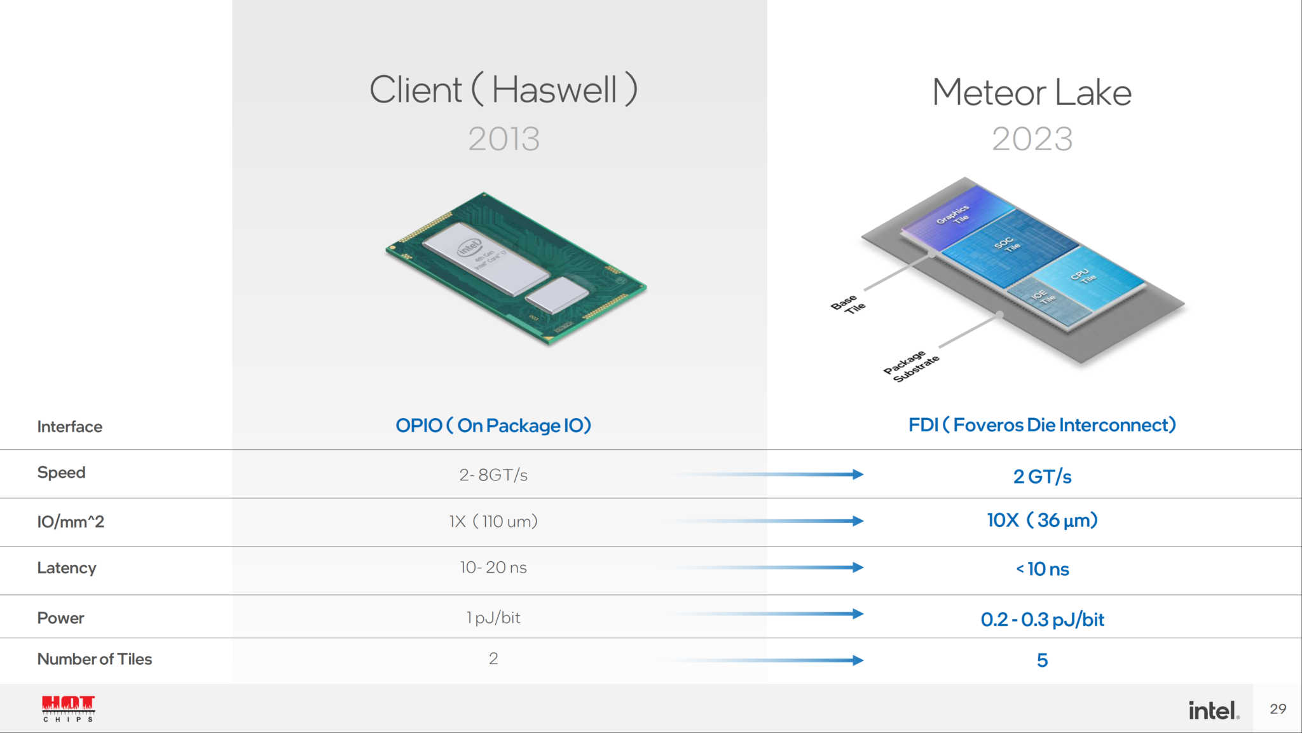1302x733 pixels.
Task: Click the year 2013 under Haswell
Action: click(x=504, y=139)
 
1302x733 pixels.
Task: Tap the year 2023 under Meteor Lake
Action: click(x=1032, y=139)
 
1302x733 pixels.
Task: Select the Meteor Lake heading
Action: click(x=1031, y=92)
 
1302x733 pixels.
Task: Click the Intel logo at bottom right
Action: click(x=1213, y=710)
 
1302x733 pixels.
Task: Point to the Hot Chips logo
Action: click(x=68, y=708)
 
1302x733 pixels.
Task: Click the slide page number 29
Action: click(x=1278, y=709)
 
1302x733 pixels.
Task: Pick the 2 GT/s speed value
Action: click(x=1042, y=477)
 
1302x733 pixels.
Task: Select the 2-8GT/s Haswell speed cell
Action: click(x=493, y=475)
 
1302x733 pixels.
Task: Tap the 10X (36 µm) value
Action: click(x=1042, y=520)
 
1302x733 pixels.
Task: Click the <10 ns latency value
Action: click(x=1042, y=569)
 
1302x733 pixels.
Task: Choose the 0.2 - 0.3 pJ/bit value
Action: click(x=1042, y=619)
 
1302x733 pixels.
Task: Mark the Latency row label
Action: click(x=67, y=568)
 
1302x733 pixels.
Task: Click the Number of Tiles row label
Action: click(x=95, y=659)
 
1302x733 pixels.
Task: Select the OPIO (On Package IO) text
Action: click(x=493, y=425)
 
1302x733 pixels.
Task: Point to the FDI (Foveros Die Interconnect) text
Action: click(x=1042, y=424)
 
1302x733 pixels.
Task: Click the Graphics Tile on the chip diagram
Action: click(x=954, y=214)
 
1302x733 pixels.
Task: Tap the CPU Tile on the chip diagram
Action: click(x=1085, y=276)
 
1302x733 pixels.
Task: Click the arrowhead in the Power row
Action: click(x=858, y=614)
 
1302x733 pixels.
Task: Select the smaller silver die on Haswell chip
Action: click(x=558, y=294)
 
